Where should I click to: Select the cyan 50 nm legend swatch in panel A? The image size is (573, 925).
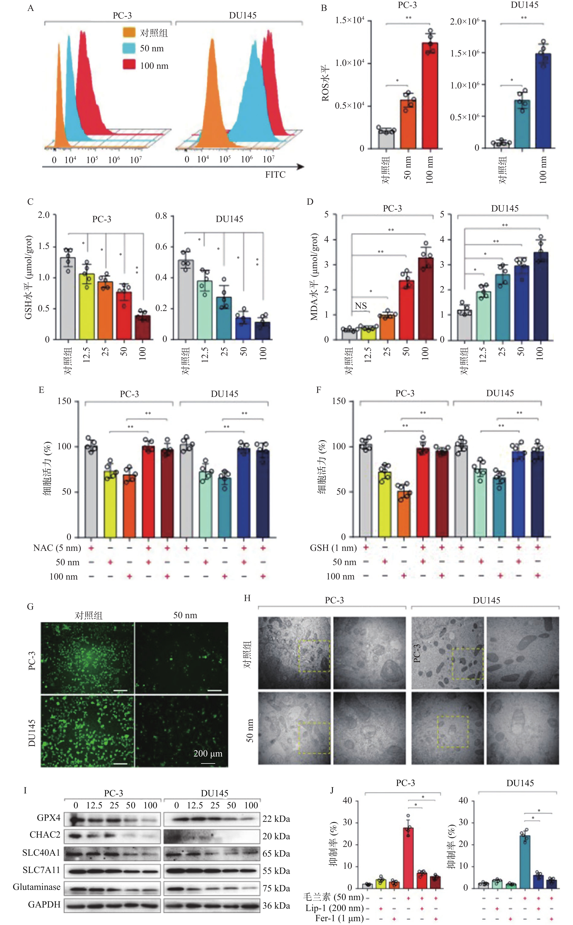pyautogui.click(x=129, y=48)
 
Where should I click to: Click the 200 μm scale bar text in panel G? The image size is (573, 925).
pyautogui.click(x=208, y=753)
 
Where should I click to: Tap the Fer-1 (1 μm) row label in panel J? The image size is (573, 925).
pyautogui.click(x=339, y=918)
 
